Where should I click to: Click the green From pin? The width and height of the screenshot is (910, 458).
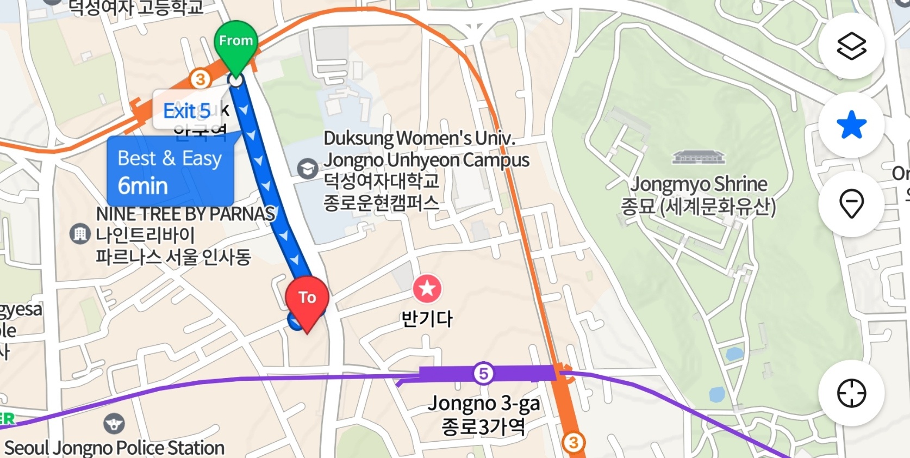[236, 42]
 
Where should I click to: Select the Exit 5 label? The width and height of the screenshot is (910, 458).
[186, 111]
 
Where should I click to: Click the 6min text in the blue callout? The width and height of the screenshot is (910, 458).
[143, 186]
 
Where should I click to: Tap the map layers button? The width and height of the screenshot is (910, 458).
[851, 46]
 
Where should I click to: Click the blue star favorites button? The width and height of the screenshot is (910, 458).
[851, 125]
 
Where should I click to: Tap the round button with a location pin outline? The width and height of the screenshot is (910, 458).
[851, 204]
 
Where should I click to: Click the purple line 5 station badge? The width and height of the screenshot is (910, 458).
[483, 374]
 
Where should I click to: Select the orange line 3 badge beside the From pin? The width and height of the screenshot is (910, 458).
[200, 79]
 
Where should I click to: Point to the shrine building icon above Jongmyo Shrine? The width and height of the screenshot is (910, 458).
[699, 158]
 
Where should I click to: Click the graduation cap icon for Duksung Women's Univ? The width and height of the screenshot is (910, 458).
[308, 168]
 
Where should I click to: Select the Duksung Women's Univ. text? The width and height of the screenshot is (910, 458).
[420, 138]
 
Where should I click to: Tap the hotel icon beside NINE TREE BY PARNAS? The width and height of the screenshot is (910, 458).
[80, 234]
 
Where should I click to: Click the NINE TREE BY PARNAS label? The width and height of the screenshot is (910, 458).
[185, 214]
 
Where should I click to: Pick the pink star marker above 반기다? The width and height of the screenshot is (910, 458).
[427, 289]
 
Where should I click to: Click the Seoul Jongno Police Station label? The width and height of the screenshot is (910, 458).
[115, 448]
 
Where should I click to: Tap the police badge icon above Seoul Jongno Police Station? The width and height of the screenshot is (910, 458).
[114, 423]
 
